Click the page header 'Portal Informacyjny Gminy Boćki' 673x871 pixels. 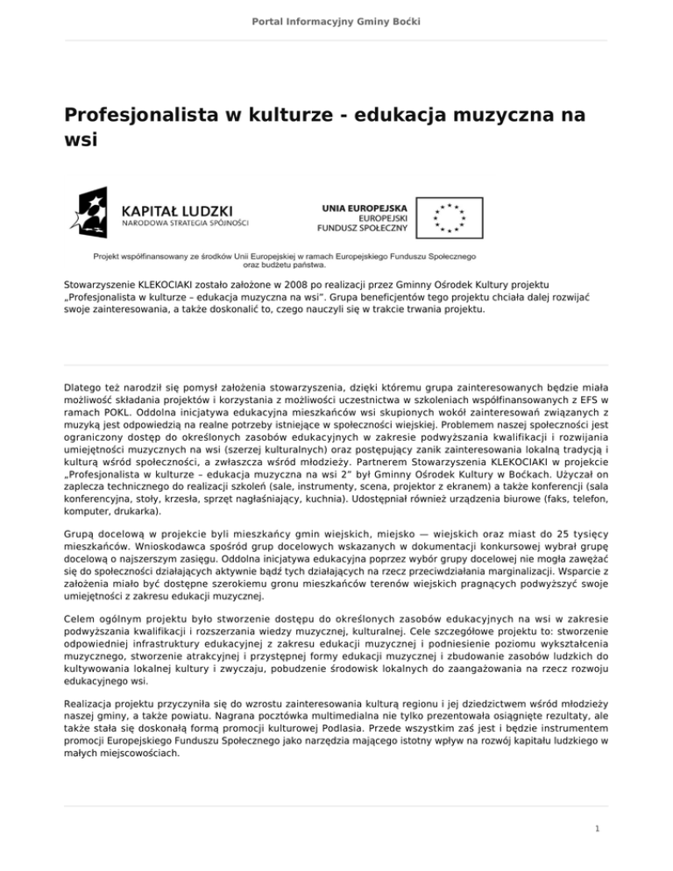coord(336,20)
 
